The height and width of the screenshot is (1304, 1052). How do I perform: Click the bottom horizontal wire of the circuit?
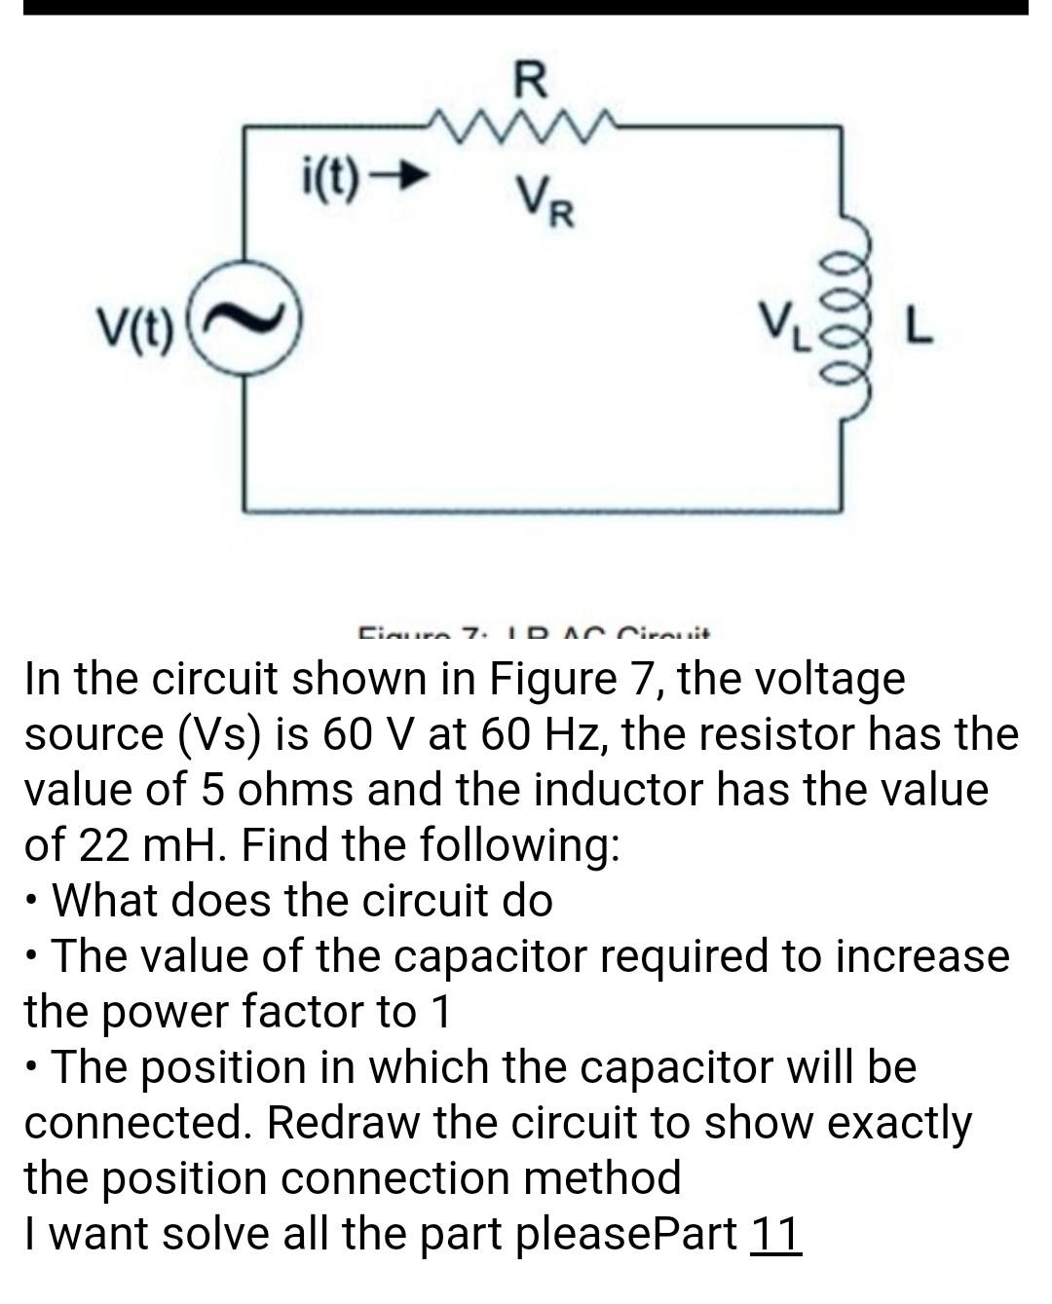[542, 507]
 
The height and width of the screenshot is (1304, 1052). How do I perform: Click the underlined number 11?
[775, 1234]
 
